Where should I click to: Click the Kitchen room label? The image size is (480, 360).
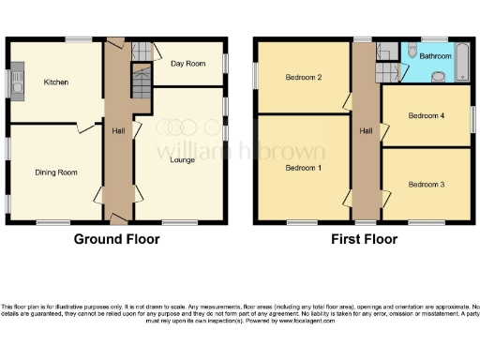[x=55, y=82]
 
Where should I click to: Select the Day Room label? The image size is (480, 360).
[x=188, y=64]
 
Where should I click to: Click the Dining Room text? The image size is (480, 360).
[x=56, y=172]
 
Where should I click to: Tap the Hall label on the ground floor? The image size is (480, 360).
[x=118, y=130]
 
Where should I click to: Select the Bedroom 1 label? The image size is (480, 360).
[x=302, y=167]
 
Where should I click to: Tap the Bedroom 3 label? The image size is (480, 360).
[x=427, y=185]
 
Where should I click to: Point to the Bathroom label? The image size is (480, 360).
[x=436, y=57]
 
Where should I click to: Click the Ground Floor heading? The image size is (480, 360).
[x=117, y=239]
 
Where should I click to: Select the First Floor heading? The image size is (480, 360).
[x=365, y=239]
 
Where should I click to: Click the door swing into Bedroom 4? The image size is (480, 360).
[x=386, y=132]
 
